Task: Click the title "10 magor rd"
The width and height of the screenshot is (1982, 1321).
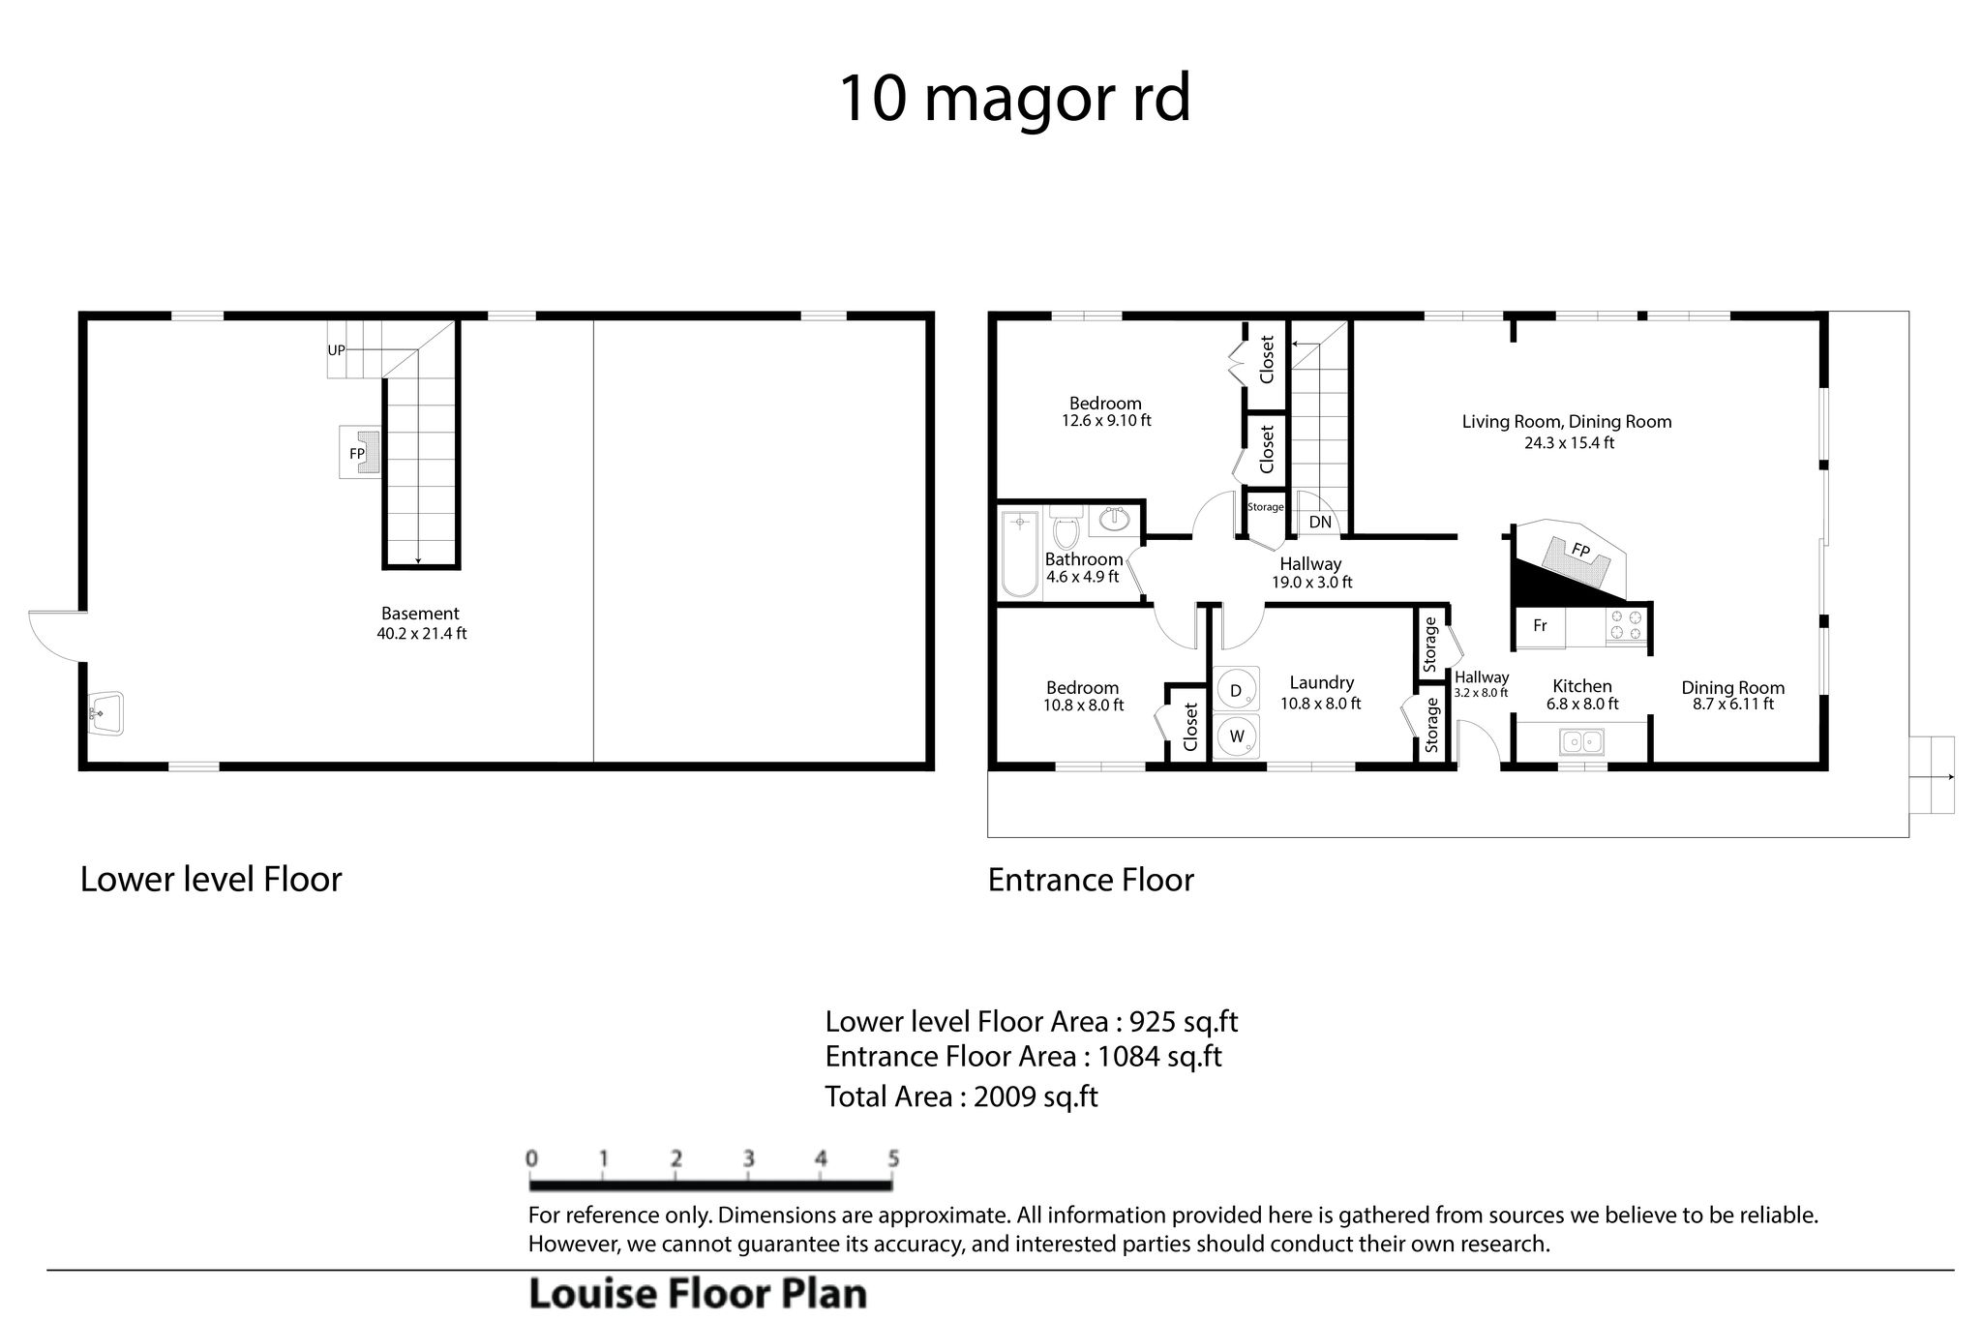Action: click(x=1013, y=100)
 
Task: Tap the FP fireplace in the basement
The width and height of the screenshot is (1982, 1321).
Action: click(x=359, y=452)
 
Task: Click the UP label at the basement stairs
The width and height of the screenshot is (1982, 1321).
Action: click(x=336, y=350)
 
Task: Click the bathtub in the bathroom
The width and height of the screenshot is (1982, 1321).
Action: click(x=1019, y=555)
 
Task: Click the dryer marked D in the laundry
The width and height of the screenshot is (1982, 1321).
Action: click(x=1236, y=691)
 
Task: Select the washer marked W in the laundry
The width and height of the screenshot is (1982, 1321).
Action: click(x=1237, y=736)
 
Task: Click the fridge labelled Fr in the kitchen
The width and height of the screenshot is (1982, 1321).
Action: click(x=1540, y=626)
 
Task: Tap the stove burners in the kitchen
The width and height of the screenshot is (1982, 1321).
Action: click(x=1625, y=625)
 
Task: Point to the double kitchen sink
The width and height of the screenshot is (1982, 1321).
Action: click(x=1581, y=742)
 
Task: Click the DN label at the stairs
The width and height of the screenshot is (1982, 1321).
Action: click(x=1320, y=523)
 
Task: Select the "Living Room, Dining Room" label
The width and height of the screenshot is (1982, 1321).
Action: click(x=1567, y=422)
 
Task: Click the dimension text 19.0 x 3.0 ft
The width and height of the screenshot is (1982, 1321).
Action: click(x=1311, y=583)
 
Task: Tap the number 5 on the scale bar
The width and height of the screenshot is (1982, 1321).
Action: click(x=893, y=1158)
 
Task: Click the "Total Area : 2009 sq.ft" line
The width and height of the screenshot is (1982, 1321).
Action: click(x=961, y=1096)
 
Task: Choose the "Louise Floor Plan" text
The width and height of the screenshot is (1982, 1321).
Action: click(x=698, y=1295)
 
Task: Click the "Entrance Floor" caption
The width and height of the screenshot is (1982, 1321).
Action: click(x=1091, y=880)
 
